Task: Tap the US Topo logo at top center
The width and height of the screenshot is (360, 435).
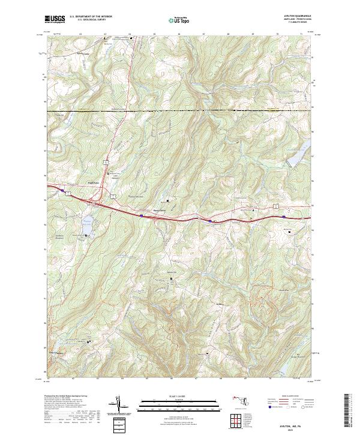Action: pyautogui.click(x=180, y=20)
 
